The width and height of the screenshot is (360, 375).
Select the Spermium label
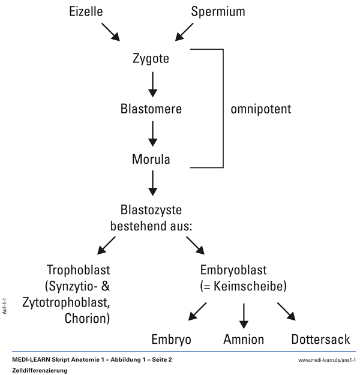[218, 11]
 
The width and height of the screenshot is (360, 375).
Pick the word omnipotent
[261, 109]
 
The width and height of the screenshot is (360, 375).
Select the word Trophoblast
[78, 269]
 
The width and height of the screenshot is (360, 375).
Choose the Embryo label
[171, 339]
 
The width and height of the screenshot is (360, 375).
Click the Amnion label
[243, 339]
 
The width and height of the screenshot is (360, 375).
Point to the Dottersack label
[320, 339]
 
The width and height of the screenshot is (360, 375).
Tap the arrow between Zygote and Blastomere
[152, 84]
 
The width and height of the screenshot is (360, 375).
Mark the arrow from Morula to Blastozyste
[152, 182]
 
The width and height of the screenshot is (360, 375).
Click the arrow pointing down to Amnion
[243, 314]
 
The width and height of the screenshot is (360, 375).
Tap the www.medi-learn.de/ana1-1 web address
[326, 359]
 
